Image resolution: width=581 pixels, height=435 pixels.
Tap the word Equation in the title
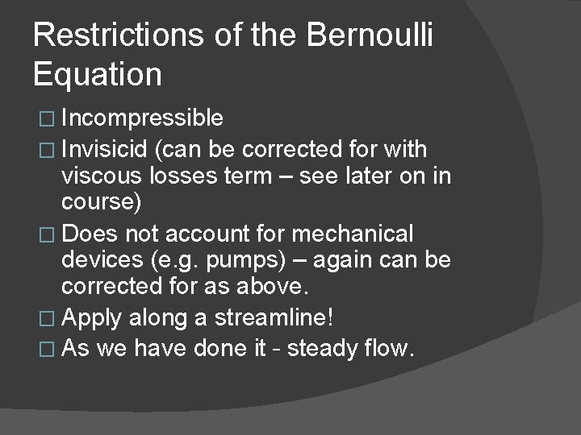(x=98, y=74)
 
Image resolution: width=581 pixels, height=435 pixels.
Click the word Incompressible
(x=142, y=119)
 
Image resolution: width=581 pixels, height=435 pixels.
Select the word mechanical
(x=353, y=234)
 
